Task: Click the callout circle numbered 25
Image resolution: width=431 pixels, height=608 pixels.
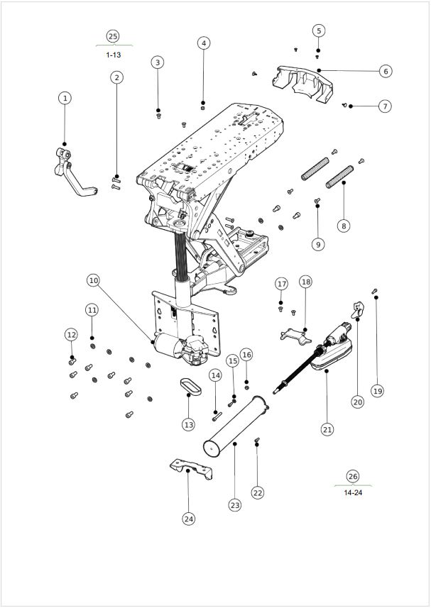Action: tap(113, 36)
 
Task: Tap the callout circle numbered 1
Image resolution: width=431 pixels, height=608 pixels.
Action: tap(65, 98)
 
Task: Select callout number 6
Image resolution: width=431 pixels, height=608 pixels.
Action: tap(386, 72)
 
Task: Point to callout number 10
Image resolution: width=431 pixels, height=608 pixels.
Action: tap(93, 280)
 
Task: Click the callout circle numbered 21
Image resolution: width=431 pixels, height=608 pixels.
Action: tap(327, 429)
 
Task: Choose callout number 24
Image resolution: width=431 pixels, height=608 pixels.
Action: tap(189, 519)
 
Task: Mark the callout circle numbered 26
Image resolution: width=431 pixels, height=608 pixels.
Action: tap(353, 476)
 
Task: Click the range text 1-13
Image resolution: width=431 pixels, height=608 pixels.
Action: tap(114, 55)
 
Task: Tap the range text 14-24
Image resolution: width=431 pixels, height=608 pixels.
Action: tap(353, 493)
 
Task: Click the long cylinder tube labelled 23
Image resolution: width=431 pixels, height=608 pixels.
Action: tap(236, 426)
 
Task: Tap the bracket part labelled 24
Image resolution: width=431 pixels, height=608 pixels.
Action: tap(191, 468)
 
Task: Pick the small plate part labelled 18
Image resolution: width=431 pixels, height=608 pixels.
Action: tap(295, 336)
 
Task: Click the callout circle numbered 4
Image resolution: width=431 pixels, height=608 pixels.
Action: tap(204, 43)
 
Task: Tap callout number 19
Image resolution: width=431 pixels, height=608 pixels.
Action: tap(378, 391)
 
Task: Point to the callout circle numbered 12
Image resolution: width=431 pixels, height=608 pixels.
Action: tap(72, 335)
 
